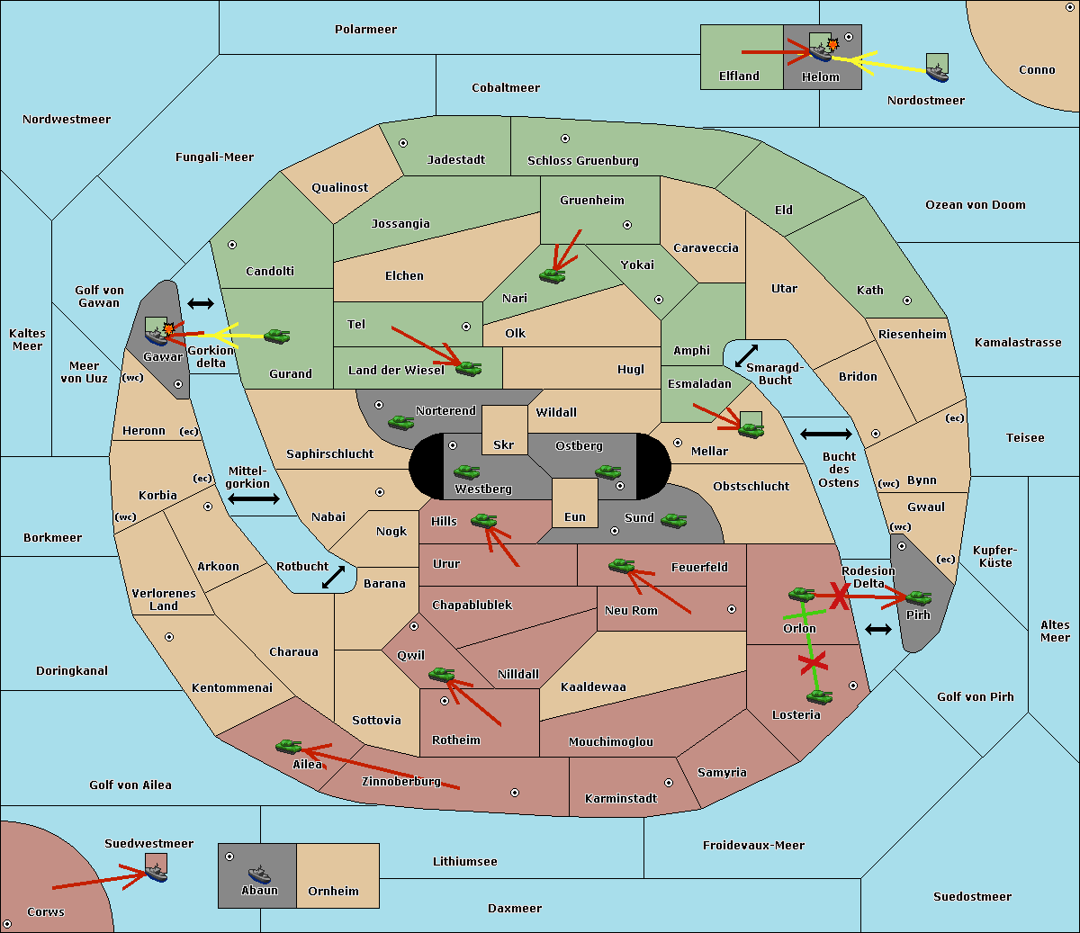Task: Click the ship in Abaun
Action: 259,874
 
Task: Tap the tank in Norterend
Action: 400,422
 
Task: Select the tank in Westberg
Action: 466,471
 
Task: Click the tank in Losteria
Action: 819,696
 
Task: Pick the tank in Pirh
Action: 918,597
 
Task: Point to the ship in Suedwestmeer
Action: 157,873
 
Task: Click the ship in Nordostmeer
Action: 938,73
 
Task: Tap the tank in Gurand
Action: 276,336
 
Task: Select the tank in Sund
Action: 673,520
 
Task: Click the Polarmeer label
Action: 365,30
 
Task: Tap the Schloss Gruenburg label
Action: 583,160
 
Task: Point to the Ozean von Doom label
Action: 976,205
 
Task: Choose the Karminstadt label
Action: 621,798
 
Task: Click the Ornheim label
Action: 333,891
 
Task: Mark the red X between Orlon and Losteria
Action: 813,663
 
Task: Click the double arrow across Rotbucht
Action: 333,577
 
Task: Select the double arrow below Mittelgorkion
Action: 254,498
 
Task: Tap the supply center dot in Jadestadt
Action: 403,143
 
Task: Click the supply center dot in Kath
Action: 907,301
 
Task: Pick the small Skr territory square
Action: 504,430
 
